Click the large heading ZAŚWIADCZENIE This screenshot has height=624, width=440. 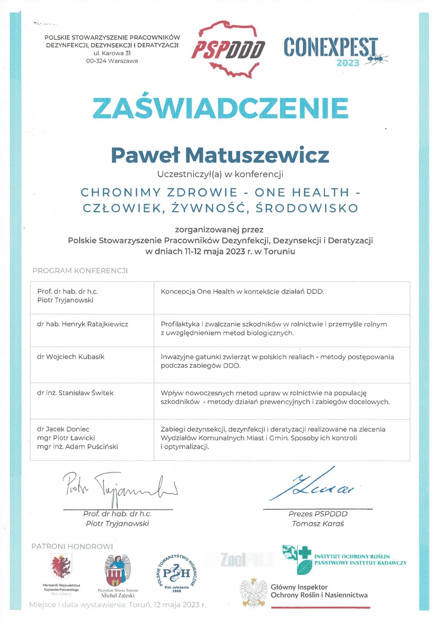click(220, 108)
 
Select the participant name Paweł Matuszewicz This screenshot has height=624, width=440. click(220, 155)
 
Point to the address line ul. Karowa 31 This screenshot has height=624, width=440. click(112, 53)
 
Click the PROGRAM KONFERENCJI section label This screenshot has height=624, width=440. click(80, 271)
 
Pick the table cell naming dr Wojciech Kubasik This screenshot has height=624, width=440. click(71, 357)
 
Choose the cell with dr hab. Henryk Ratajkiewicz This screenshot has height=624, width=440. click(83, 324)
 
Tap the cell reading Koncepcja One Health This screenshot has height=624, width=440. click(242, 291)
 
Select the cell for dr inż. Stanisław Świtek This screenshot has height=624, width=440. click(75, 393)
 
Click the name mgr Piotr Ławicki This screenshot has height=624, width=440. click(66, 438)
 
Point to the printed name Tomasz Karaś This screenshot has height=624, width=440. click(318, 524)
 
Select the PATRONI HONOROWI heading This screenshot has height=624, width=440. click(72, 547)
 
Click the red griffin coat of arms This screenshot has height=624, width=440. click(61, 567)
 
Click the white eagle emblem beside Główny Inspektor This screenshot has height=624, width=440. click(253, 592)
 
